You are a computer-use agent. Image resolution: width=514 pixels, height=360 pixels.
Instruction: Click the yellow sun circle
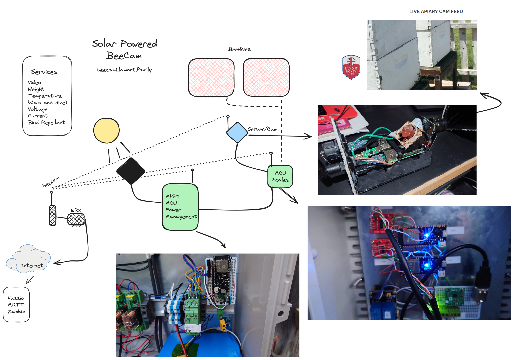point(106,130)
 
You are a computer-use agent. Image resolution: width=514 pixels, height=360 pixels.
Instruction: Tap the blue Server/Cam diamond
point(237,132)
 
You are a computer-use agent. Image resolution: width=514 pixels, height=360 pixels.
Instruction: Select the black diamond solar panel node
point(131,171)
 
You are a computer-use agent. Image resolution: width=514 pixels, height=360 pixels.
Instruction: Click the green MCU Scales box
point(280,176)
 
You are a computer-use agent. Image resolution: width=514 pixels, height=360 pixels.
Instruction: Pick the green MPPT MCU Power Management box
point(180,207)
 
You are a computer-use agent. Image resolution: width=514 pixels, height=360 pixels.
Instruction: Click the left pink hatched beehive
point(211,78)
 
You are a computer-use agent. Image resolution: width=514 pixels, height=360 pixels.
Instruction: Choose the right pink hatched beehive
point(266,78)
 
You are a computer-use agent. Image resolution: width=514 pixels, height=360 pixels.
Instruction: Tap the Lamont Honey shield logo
point(351,67)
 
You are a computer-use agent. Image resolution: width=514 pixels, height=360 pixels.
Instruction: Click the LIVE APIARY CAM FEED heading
point(436,11)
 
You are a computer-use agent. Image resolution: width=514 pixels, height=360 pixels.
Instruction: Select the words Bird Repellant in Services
point(47,122)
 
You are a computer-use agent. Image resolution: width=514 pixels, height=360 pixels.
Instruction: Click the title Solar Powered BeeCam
point(125,49)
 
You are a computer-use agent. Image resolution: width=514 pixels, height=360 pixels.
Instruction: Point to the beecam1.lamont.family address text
point(125,70)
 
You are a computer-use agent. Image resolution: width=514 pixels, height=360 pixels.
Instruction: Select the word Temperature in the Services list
point(45,96)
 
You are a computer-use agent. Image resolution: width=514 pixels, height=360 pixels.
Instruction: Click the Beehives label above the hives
point(239,49)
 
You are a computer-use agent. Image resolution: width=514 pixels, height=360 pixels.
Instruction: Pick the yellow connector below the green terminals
point(222,324)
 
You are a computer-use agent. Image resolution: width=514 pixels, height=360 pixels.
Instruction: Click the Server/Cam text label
point(263,129)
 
